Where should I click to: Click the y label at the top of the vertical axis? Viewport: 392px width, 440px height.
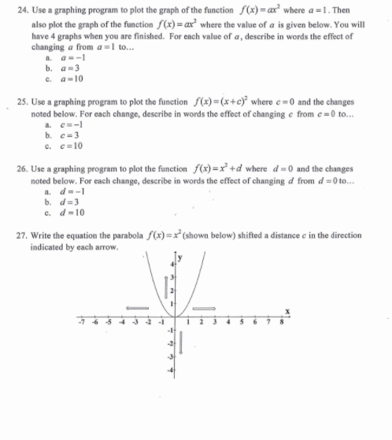coord(178,258)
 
